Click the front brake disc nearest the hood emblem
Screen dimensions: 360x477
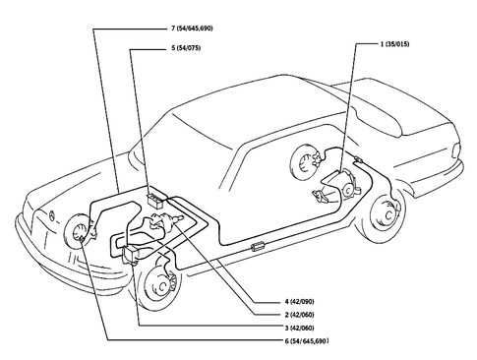click(x=76, y=237)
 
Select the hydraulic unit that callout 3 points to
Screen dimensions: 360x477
click(x=132, y=255)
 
